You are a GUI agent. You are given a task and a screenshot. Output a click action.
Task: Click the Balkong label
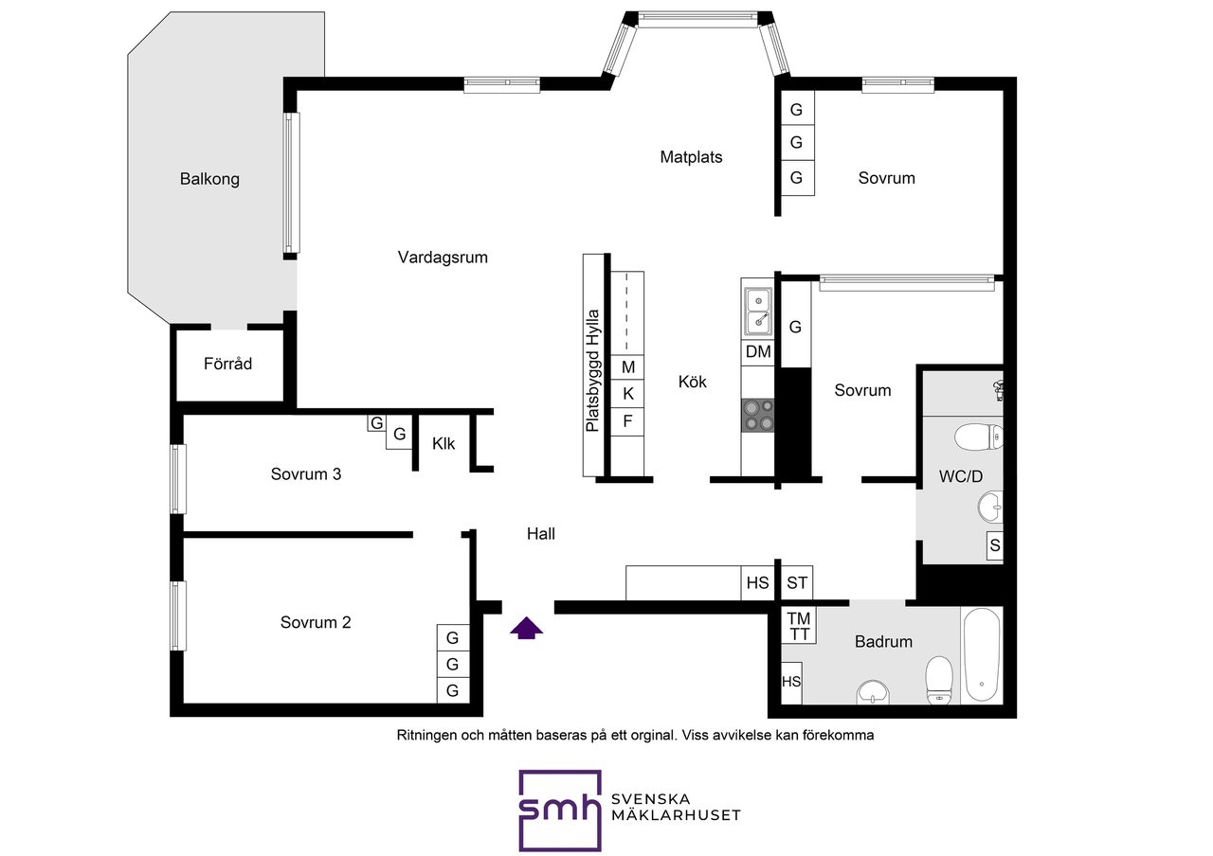[209, 179]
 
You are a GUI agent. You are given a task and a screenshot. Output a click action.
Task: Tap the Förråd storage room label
[227, 364]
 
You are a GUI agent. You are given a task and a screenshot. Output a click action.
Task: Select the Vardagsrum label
[443, 258]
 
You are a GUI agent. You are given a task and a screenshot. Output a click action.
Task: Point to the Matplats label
[691, 157]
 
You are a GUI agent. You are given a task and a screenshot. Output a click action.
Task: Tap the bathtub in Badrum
[982, 655]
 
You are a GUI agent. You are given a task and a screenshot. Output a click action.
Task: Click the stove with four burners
[757, 416]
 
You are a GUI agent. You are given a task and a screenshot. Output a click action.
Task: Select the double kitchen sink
[757, 312]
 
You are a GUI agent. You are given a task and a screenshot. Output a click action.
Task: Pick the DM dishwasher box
[757, 352]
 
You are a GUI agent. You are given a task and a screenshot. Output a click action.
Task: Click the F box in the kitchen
[627, 421]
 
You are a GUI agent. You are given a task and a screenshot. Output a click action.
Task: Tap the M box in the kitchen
[627, 368]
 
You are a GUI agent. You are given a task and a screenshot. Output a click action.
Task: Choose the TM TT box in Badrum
[799, 626]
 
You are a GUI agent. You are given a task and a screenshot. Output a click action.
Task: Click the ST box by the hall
[797, 582]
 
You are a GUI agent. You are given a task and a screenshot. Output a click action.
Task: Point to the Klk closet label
[444, 444]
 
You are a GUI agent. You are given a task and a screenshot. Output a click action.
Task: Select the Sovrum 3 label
[306, 474]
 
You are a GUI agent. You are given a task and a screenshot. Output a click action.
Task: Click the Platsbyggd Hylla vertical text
[593, 370]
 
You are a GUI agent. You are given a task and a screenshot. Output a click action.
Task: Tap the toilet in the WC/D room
[979, 437]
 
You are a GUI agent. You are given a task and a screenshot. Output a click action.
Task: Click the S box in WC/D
[995, 545]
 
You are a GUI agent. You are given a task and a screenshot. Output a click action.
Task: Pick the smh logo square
[560, 811]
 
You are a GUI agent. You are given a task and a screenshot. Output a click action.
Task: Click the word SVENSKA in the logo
[650, 799]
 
